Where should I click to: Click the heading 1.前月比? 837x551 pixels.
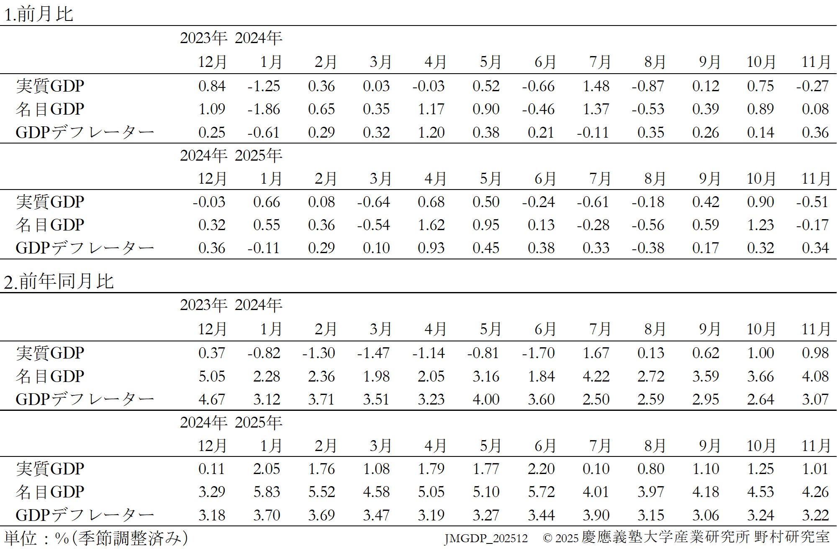(x=39, y=14)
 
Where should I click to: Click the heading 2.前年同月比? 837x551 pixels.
(x=59, y=281)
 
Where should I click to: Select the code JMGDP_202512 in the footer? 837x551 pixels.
(x=486, y=538)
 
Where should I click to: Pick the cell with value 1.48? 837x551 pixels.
(x=596, y=86)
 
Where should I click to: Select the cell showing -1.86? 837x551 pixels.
(x=264, y=109)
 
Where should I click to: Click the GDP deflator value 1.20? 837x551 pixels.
(x=431, y=133)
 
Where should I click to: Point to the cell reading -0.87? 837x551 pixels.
(x=648, y=86)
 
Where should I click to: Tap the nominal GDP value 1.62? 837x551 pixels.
(x=431, y=225)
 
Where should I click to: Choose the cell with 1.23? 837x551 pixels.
(x=760, y=225)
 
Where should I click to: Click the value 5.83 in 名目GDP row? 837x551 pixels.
(x=267, y=492)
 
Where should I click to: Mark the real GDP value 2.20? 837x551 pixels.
(x=541, y=469)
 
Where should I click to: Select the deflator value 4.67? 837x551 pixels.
(x=212, y=400)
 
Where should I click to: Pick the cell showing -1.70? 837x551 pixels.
(x=538, y=353)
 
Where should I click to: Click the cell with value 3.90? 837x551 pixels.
(x=596, y=515)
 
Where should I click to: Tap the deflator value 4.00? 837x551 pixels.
(x=486, y=400)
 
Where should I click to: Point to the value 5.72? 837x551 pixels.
(x=541, y=492)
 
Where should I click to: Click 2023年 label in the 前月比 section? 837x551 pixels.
(x=203, y=38)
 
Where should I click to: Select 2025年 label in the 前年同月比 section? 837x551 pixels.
(x=258, y=423)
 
